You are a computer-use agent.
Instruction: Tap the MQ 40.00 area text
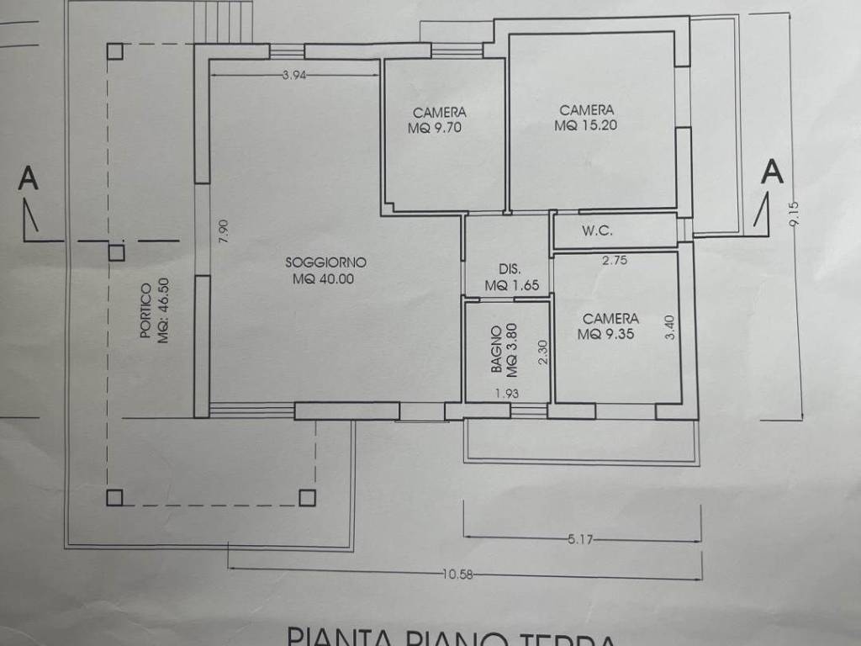[324, 279]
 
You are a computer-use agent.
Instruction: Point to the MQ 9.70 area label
[436, 129]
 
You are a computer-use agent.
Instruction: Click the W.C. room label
[596, 231]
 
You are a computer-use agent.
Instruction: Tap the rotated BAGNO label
[497, 350]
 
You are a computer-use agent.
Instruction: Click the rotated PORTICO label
[145, 311]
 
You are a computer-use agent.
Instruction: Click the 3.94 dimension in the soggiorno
[294, 76]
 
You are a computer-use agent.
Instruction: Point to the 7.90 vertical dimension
[223, 231]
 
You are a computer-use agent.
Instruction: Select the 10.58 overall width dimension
[457, 575]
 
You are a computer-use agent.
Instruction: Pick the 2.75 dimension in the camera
[616, 261]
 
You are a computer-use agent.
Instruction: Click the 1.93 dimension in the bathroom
[507, 393]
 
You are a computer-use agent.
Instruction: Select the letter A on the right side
[772, 172]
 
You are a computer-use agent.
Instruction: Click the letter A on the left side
[29, 179]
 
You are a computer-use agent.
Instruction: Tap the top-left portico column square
[115, 50]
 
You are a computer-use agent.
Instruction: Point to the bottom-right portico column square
[307, 497]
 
